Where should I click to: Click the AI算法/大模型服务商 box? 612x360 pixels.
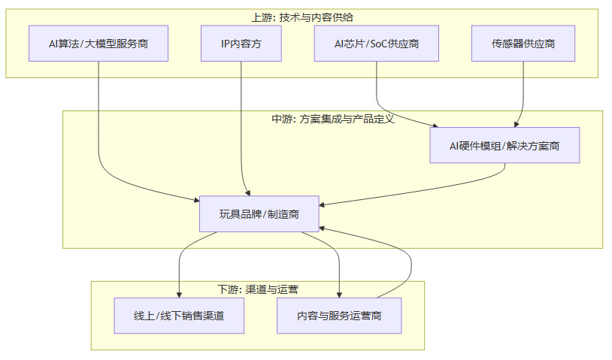coord(98,44)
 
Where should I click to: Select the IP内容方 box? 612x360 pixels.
coord(241,44)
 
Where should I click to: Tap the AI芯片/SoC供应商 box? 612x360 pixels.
coord(376,44)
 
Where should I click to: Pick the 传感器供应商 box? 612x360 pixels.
coord(523,44)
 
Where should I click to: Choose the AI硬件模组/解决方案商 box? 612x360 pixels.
coord(504,146)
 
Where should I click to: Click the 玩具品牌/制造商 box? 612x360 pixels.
coord(259,214)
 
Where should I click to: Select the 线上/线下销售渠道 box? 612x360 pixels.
coord(179,316)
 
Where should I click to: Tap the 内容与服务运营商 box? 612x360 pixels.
coord(339,316)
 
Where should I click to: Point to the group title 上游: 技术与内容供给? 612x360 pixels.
coord(301,17)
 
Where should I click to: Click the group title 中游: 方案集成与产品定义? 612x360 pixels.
coord(332,119)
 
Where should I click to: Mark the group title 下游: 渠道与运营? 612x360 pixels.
coord(257,289)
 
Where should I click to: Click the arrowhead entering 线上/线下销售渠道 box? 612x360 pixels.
coord(179,294)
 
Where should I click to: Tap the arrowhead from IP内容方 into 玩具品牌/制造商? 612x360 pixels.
coord(245,192)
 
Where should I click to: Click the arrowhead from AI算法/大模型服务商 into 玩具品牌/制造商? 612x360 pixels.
coord(195,198)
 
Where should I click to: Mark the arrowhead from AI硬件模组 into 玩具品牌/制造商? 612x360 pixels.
coord(323,204)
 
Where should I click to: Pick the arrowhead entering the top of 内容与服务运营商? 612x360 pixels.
coord(340,294)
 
